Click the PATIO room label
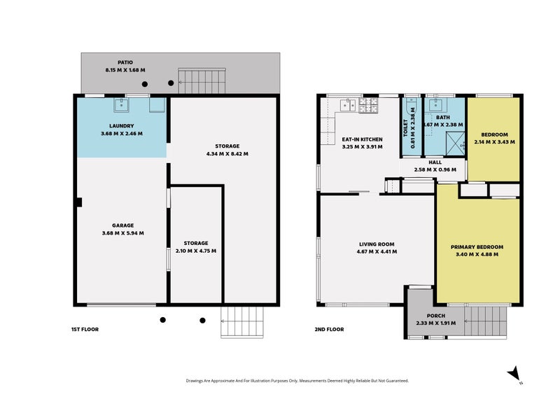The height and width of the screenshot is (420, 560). [125, 62]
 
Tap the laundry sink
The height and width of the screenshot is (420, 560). [121, 105]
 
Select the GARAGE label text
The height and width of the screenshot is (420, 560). [123, 225]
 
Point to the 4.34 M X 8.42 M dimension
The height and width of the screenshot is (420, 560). [227, 154]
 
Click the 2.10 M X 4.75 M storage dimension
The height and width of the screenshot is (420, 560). [196, 251]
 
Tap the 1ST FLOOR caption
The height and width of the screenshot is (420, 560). [85, 329]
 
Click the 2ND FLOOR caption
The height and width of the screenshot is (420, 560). [329, 329]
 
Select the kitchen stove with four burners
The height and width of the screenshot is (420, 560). [368, 105]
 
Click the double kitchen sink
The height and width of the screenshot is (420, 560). [348, 105]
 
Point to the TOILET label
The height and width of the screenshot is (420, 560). [405, 128]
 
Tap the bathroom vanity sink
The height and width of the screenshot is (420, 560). [435, 104]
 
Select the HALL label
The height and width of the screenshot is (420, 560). [435, 162]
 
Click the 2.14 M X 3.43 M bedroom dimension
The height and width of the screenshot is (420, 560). [495, 142]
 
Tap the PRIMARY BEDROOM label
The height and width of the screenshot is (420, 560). [477, 247]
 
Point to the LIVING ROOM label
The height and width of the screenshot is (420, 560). [377, 244]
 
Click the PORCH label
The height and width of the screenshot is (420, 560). [436, 316]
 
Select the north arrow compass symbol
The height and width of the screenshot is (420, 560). [515, 375]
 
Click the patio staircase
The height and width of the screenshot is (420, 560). [202, 80]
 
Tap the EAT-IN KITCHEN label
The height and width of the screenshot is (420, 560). [362, 139]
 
